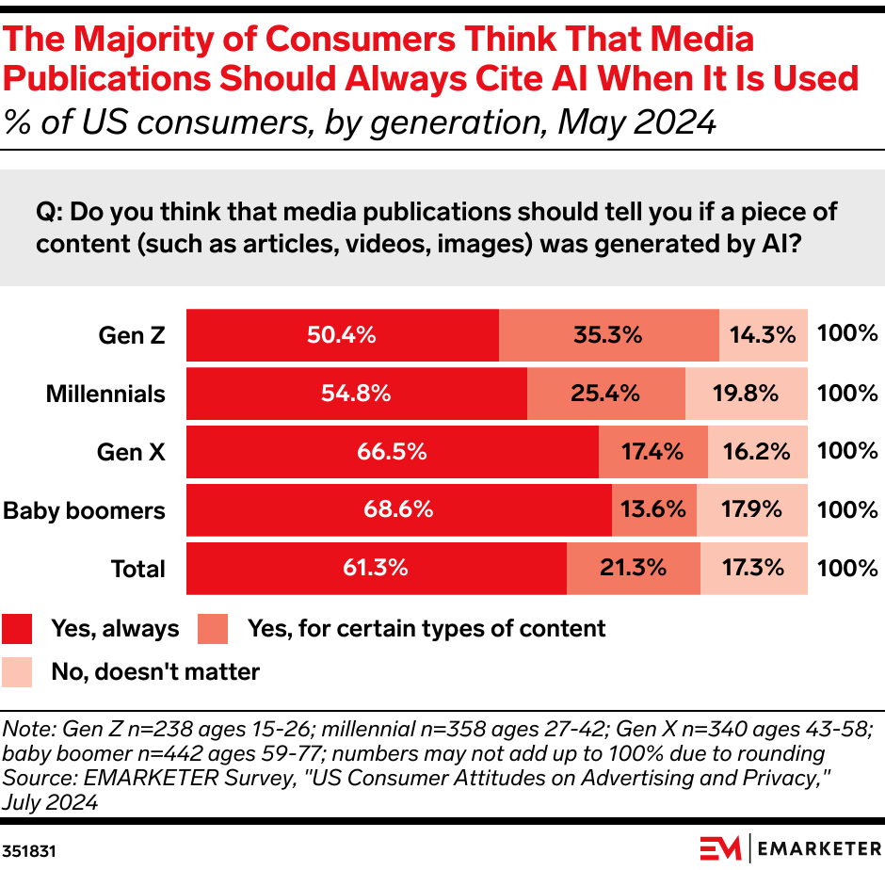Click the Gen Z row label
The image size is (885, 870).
tap(132, 335)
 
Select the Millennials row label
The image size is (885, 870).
tap(105, 394)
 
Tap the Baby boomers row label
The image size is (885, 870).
tap(85, 510)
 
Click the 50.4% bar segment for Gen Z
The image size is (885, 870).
tap(342, 335)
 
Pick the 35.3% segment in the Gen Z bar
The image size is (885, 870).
tap(608, 335)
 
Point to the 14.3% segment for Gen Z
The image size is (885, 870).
tap(764, 335)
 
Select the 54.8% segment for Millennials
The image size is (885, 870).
tap(356, 394)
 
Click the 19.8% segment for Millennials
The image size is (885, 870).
tap(746, 394)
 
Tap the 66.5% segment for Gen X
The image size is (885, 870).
tap(392, 452)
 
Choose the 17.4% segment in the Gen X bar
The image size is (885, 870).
tap(652, 452)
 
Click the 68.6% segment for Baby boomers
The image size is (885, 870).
tap(398, 510)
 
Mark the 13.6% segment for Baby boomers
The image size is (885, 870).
tap(653, 510)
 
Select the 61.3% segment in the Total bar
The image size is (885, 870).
tap(376, 569)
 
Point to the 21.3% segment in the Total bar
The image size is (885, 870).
tap(633, 569)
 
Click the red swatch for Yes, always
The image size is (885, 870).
tap(18, 628)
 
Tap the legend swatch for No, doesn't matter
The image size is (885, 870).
tap(18, 672)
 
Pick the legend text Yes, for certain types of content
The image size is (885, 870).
tap(426, 628)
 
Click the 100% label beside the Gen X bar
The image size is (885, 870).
tap(847, 452)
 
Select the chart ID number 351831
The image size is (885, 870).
tap(28, 849)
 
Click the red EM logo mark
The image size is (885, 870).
tap(721, 847)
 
